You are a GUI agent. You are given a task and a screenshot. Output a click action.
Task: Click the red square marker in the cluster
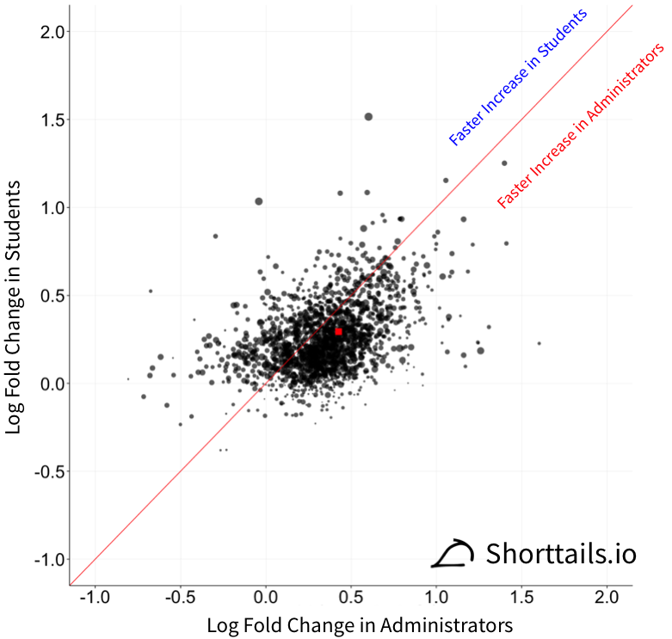(x=339, y=331)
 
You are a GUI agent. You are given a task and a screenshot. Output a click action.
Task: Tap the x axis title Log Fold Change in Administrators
(x=360, y=624)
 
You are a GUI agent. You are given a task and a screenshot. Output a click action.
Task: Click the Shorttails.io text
(x=561, y=553)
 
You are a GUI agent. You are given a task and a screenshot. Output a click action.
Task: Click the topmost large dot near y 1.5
(x=368, y=116)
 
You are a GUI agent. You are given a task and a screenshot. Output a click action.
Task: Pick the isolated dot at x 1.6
(x=539, y=343)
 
